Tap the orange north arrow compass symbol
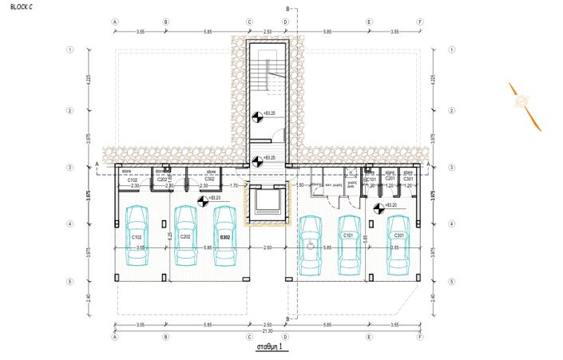[x=524, y=103]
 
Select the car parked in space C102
[x=137, y=236]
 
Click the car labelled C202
[x=184, y=236]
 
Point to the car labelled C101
[x=349, y=243]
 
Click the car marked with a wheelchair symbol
[x=309, y=243]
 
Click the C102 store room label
[x=133, y=180]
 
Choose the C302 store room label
[x=209, y=180]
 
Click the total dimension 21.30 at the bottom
[x=268, y=331]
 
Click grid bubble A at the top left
[x=116, y=22]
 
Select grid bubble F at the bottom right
[x=420, y=337]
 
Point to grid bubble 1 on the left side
[x=71, y=49]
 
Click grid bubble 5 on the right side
[x=451, y=282]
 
